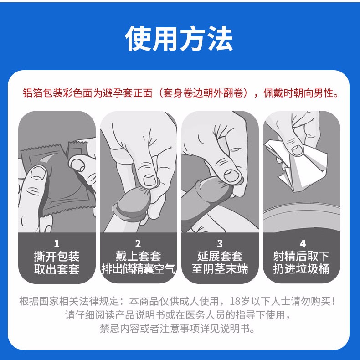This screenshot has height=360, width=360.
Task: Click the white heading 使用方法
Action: tap(179, 38)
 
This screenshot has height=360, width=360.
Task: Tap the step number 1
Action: tap(57, 244)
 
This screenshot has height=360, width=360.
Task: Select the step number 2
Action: tap(138, 244)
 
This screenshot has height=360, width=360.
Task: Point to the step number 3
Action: tap(220, 244)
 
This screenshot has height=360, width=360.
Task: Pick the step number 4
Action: tap(303, 244)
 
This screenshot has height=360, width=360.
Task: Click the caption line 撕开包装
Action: tap(57, 256)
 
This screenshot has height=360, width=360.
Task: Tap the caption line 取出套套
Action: tap(57, 269)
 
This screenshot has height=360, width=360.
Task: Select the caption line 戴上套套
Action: tap(138, 256)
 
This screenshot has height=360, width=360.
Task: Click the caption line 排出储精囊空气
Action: tap(138, 269)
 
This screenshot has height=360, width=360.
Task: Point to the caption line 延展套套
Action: tap(220, 256)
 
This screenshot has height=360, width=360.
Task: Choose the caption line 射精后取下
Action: tap(301, 256)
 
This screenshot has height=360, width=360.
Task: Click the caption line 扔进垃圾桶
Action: tap(301, 269)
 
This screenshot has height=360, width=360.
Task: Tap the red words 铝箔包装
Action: tap(43, 93)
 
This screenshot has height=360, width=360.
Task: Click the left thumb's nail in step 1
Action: tap(38, 174)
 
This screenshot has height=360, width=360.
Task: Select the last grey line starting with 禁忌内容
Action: tap(177, 329)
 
